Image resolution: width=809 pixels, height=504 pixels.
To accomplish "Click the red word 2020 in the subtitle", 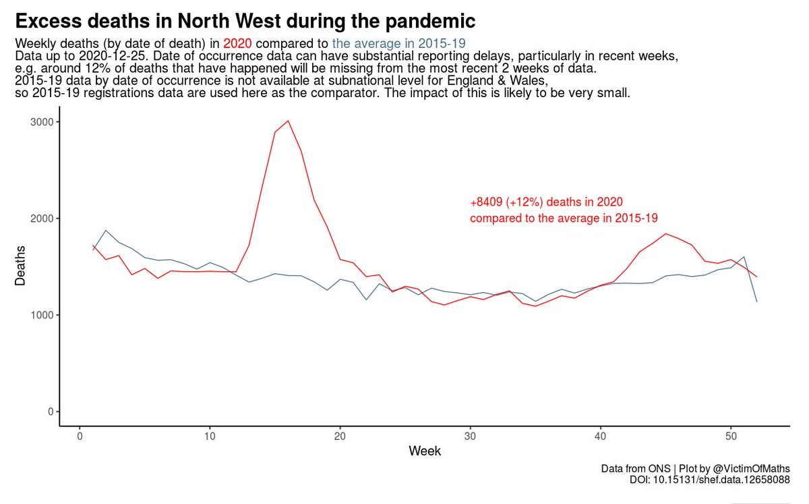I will point(237,43).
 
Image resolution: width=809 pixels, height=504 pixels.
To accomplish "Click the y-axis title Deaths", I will point(20,266).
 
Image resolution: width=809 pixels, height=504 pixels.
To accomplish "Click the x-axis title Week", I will point(425,451).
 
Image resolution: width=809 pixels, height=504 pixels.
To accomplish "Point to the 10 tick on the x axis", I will point(210,435).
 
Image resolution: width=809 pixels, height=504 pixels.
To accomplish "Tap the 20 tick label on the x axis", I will point(340,435).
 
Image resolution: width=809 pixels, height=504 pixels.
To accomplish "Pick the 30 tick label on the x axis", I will point(470,435).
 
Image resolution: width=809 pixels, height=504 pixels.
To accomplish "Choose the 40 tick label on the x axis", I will point(600,435).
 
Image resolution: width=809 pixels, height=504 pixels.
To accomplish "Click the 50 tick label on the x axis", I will point(730,435).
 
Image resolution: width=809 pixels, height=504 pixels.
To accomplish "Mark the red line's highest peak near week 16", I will point(288,121).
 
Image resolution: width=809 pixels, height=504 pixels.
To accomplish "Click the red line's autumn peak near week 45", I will point(665,233).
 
